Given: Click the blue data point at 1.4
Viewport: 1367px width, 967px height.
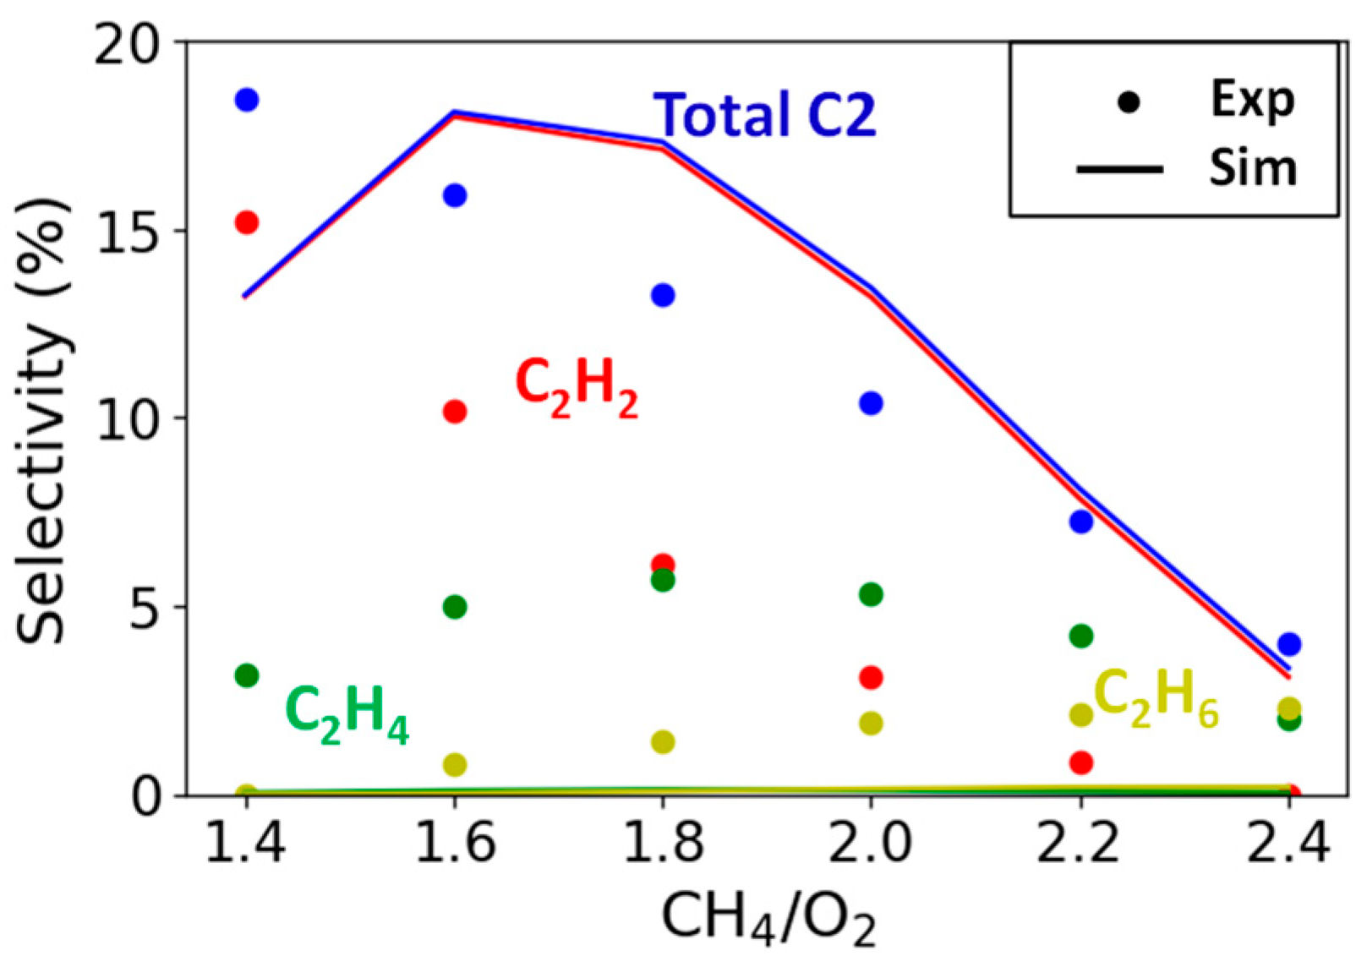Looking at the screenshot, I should click(246, 100).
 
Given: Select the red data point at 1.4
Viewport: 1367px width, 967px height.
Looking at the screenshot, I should click(246, 222).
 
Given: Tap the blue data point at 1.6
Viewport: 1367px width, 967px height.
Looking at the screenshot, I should click(455, 195).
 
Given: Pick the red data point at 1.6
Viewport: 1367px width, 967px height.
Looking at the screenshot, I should click(455, 412).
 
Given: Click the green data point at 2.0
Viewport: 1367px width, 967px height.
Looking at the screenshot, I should click(871, 594).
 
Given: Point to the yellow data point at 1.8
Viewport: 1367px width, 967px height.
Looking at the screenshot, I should click(663, 741).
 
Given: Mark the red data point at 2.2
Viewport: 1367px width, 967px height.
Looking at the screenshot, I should click(1081, 762).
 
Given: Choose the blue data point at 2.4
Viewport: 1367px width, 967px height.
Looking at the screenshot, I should click(1289, 644).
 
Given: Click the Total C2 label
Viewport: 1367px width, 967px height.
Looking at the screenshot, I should click(765, 115).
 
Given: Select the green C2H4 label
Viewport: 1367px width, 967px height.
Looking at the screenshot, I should click(347, 713).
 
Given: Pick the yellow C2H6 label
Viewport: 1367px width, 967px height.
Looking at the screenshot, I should click(1156, 698).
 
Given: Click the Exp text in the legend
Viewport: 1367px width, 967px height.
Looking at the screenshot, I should click(1252, 100).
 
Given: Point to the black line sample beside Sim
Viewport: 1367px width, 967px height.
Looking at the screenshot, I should click(1118, 170).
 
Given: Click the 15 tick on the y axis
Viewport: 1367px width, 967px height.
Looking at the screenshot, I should click(128, 230).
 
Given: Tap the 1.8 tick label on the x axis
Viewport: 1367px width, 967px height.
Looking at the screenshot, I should click(663, 843).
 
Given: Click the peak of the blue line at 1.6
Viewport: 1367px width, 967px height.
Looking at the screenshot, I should click(455, 112).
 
